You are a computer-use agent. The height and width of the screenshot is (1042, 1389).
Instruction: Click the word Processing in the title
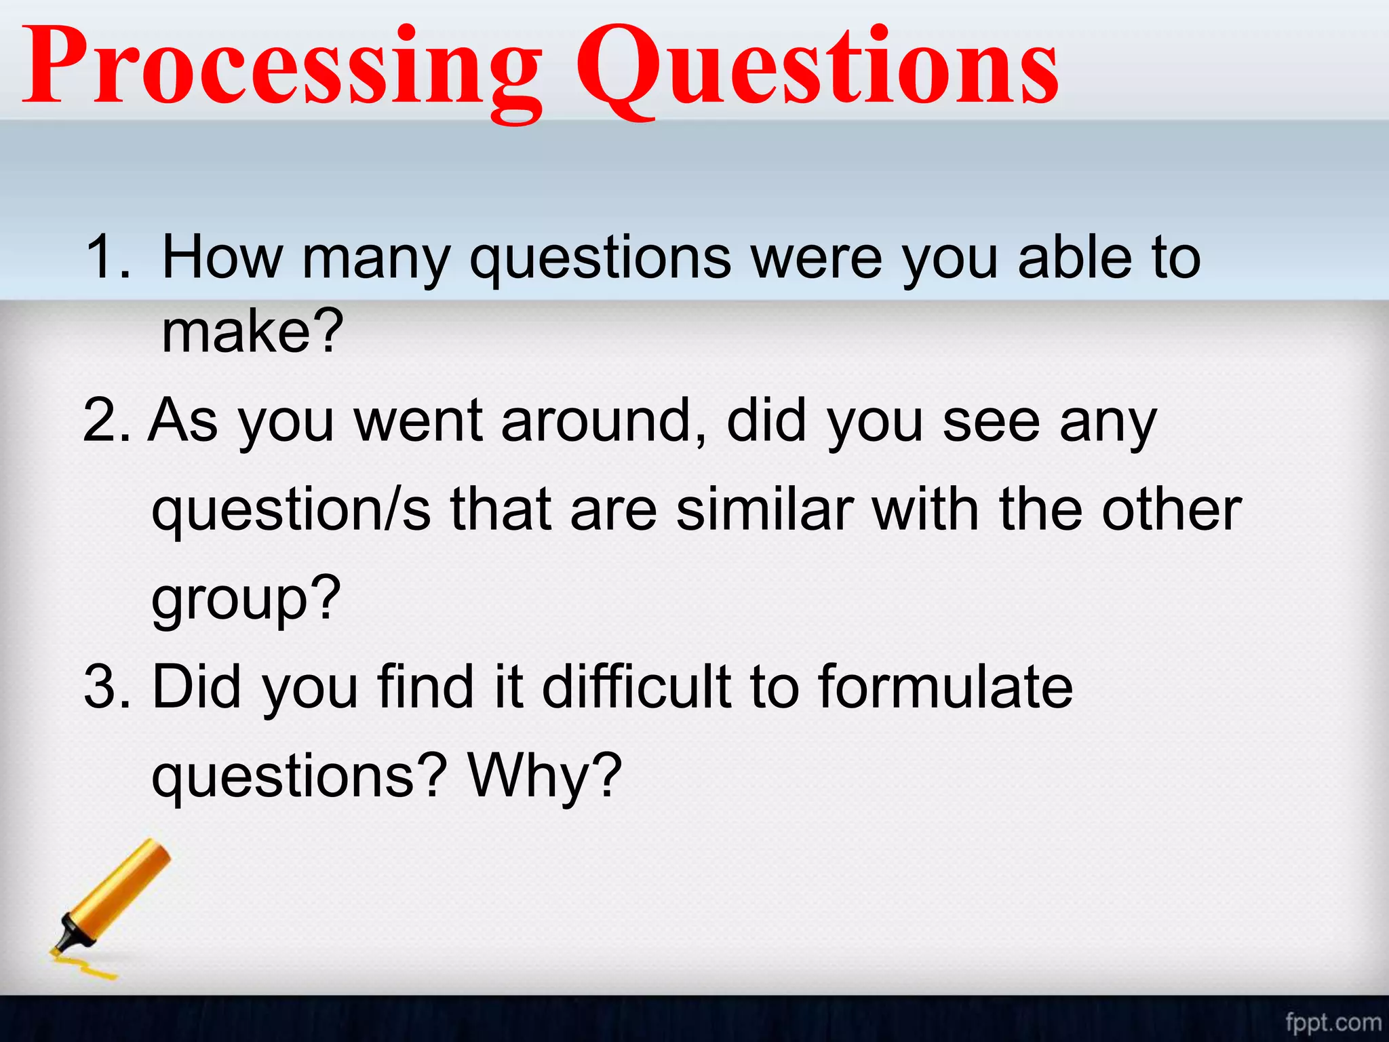pyautogui.click(x=281, y=68)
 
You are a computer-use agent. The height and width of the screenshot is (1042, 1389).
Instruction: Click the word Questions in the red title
pyautogui.click(x=817, y=68)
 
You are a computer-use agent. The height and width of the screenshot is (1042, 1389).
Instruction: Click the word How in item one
pyautogui.click(x=222, y=258)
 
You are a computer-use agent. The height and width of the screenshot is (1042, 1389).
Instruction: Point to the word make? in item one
pyautogui.click(x=252, y=332)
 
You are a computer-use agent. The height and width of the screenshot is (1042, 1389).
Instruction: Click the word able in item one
pyautogui.click(x=1075, y=258)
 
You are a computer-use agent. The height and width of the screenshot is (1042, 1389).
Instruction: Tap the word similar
pyautogui.click(x=764, y=510)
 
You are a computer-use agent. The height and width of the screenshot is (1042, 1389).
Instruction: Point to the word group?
pyautogui.click(x=246, y=600)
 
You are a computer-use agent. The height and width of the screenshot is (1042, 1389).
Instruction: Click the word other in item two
pyautogui.click(x=1171, y=510)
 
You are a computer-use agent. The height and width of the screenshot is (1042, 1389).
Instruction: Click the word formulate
pyautogui.click(x=945, y=687)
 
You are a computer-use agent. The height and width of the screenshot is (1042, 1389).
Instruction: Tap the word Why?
pyautogui.click(x=545, y=775)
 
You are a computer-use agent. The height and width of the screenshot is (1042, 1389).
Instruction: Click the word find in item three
pyautogui.click(x=425, y=687)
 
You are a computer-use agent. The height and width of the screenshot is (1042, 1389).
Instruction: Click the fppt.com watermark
pyautogui.click(x=1333, y=1022)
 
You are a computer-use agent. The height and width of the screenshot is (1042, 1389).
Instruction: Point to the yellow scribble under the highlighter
pyautogui.click(x=85, y=967)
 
